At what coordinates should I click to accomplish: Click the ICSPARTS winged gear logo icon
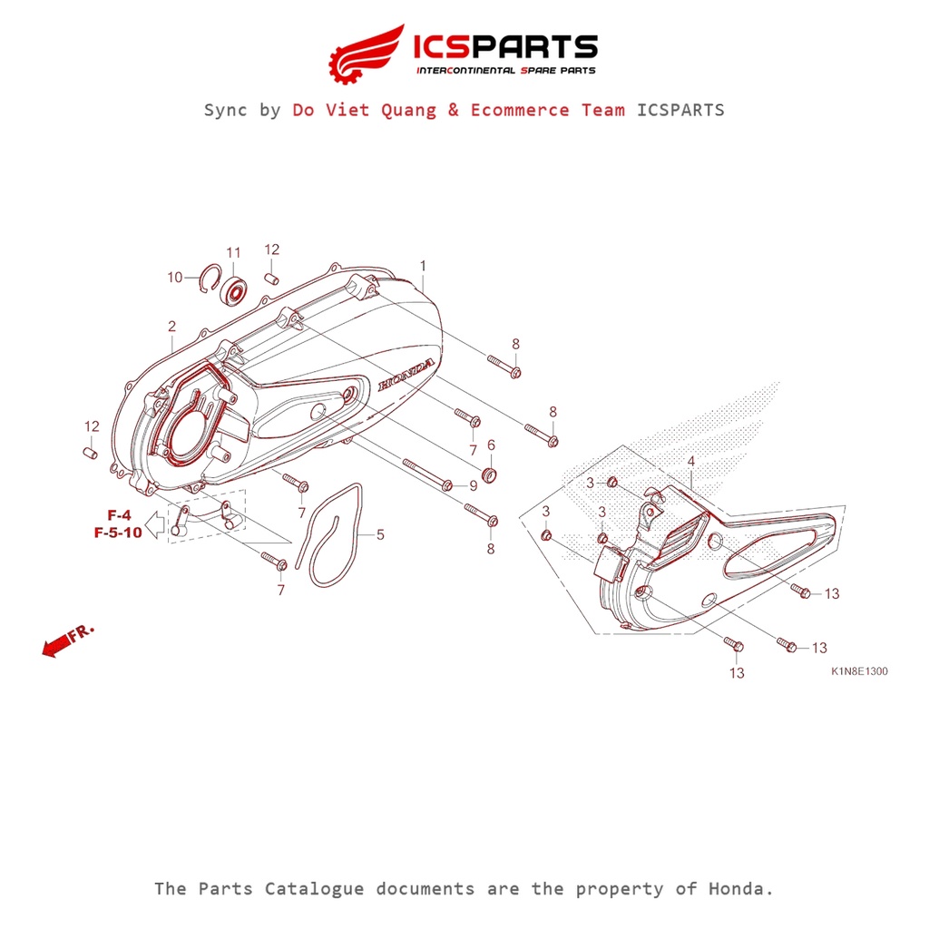tap(366, 52)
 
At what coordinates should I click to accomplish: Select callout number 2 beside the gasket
tap(171, 326)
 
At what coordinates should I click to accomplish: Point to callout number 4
tap(691, 462)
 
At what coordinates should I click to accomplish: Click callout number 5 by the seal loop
tap(380, 535)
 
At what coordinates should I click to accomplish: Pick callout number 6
tap(491, 445)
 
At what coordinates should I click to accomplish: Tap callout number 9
tap(473, 486)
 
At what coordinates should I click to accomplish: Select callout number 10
tap(175, 277)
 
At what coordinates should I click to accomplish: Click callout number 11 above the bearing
tap(233, 252)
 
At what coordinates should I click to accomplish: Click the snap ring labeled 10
tap(209, 278)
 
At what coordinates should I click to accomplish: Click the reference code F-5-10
tap(118, 533)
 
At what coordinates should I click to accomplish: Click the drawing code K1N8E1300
tap(859, 672)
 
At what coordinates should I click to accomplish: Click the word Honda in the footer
tap(739, 888)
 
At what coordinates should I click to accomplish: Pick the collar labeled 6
tap(488, 474)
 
